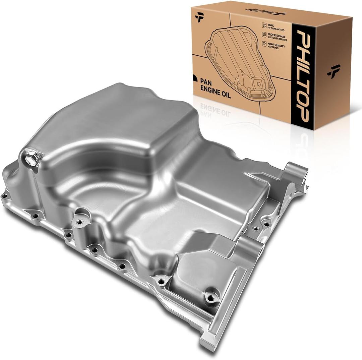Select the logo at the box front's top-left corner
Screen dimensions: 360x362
tap(199, 17)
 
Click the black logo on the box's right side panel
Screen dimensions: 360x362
tap(334, 71)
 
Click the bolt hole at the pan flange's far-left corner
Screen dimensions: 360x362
tap(4, 196)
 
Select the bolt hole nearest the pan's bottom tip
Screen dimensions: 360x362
tap(210, 298)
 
